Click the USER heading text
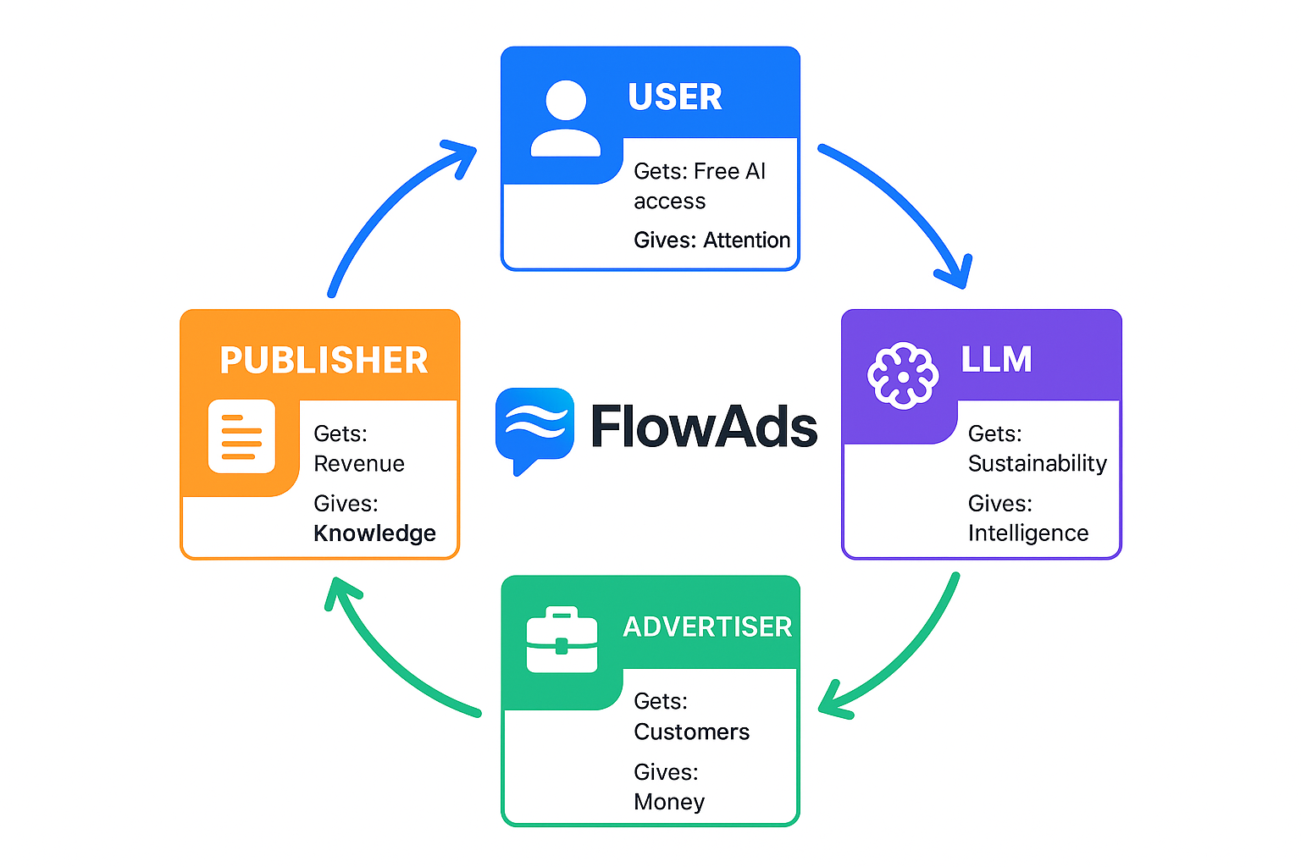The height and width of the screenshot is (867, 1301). click(x=674, y=97)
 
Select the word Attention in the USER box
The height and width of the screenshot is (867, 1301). click(x=746, y=240)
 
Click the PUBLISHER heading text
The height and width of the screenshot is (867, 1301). click(x=324, y=361)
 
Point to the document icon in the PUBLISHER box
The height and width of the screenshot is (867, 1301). click(x=241, y=436)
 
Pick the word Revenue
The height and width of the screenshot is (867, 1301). click(x=359, y=464)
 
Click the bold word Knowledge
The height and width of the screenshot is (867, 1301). click(x=374, y=533)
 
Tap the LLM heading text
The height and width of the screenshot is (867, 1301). click(x=996, y=360)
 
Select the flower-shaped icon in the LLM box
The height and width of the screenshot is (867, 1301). click(x=903, y=376)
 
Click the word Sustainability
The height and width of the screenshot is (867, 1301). click(x=1037, y=464)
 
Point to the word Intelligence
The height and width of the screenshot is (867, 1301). click(x=1027, y=533)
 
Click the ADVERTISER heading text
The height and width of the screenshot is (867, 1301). click(x=707, y=627)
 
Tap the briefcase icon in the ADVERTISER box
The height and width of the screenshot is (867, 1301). click(x=562, y=640)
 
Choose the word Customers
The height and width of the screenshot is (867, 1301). click(x=691, y=732)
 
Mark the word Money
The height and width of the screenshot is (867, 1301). click(x=669, y=802)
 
